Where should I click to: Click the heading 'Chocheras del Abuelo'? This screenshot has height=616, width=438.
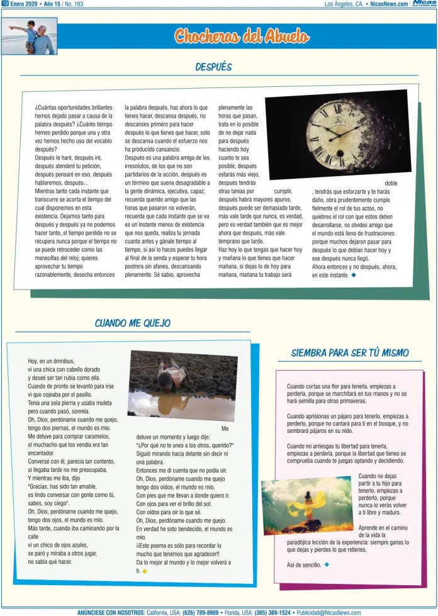point(242,35)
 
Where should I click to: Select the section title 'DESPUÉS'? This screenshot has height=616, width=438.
point(213,67)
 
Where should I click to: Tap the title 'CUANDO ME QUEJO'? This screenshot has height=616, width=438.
point(132,323)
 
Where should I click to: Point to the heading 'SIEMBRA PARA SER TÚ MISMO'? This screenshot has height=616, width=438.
point(350,352)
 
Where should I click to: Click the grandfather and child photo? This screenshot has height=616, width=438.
point(30,35)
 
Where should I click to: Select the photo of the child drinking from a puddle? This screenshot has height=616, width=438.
point(182,386)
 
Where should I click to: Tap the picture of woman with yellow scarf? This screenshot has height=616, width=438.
point(306,505)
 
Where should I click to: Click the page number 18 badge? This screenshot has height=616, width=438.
point(5,4)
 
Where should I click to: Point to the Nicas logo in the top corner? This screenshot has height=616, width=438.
point(424,4)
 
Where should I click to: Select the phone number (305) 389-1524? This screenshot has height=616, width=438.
point(272,612)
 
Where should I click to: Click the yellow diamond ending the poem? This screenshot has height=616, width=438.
point(145,571)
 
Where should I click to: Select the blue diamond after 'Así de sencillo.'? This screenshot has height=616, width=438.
point(327,564)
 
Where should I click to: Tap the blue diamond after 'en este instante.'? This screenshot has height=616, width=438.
point(354,275)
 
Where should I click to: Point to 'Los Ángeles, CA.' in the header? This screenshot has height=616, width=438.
point(344,4)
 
